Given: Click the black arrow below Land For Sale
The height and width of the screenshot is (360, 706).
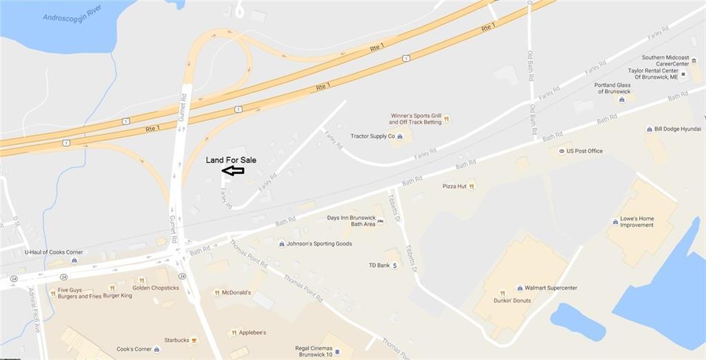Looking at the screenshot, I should tap(232, 170).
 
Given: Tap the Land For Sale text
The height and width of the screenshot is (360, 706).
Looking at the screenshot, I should tap(231, 160).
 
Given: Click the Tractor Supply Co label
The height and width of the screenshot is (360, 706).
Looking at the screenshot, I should tap(372, 137).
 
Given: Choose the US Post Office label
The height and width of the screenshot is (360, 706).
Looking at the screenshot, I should tap(584, 151).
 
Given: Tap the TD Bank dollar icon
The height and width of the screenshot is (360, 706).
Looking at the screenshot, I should tap(395, 266).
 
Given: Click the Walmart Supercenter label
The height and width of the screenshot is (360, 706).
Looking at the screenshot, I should tap(551, 288).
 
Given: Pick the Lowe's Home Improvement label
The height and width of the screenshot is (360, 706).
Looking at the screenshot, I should tap(637, 222).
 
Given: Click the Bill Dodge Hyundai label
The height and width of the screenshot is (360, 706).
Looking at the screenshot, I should tap(678, 129).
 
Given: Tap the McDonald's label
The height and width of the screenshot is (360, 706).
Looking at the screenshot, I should tap(236, 292).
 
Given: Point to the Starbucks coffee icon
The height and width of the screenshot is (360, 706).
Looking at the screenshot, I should tap(194, 340).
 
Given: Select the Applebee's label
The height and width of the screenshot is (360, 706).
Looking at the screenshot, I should tap(252, 332).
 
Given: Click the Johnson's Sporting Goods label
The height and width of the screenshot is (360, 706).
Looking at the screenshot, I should tap(320, 243).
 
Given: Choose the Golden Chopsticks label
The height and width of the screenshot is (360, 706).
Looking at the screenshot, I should tap(155, 288).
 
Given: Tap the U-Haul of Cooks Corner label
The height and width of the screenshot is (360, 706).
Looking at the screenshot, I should tap(54, 252).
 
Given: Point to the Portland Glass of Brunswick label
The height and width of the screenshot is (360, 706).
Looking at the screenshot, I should tap(612, 88).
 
